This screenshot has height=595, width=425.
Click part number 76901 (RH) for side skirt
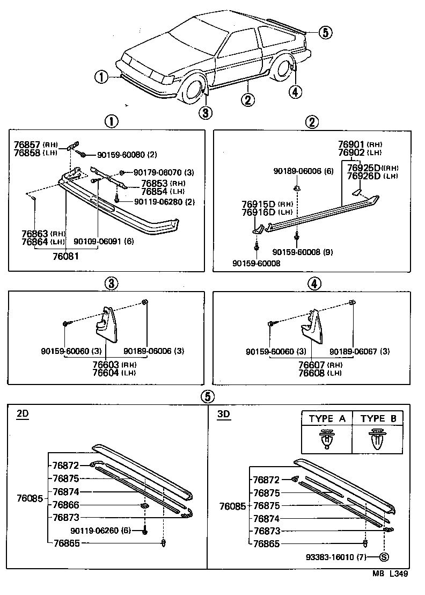[360, 144]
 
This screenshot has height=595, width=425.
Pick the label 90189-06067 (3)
[359, 351]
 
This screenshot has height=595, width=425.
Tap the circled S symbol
[384, 557]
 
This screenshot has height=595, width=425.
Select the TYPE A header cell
[327, 419]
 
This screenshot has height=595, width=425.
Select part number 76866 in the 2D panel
[65, 505]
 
